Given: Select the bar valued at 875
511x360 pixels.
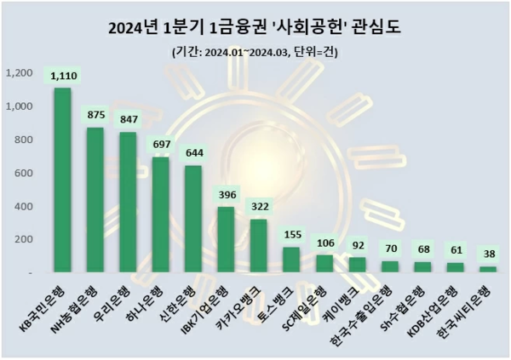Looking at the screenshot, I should click(x=95, y=200).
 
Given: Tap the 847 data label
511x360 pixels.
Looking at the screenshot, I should click(x=128, y=118).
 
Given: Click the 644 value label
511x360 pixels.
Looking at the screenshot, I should click(x=193, y=151).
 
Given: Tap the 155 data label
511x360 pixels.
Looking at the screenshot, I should click(x=291, y=233).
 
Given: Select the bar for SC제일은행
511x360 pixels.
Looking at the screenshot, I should click(x=324, y=264).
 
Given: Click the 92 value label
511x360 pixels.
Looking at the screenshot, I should click(x=357, y=243).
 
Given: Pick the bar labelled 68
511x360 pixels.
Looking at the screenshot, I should click(x=422, y=267).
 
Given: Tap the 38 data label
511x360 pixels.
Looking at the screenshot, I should click(x=488, y=253).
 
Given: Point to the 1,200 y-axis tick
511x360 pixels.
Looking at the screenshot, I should click(x=18, y=73).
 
